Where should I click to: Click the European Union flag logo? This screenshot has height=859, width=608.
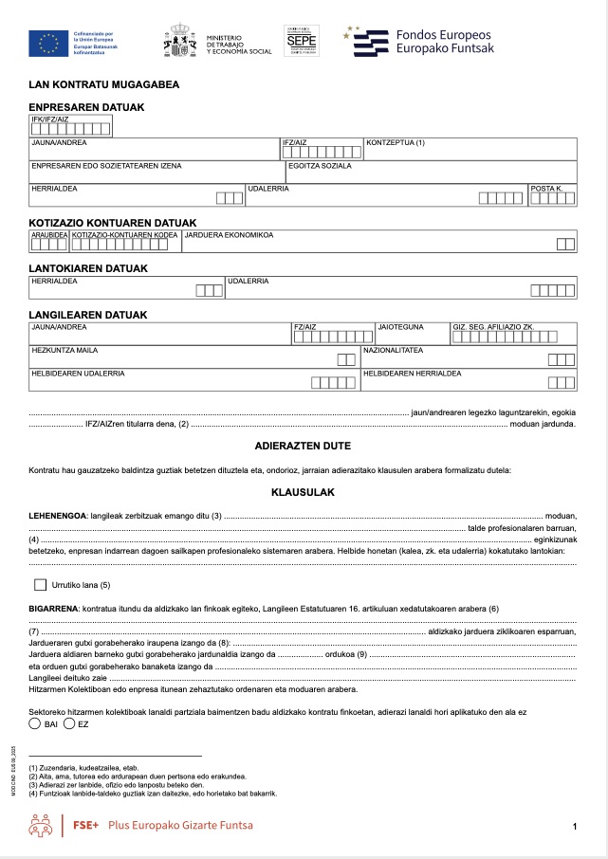point(44,42)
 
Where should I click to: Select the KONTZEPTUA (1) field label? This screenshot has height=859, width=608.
point(395,143)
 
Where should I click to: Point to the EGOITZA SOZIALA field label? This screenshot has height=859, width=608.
point(320,166)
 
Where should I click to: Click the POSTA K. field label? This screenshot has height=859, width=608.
point(547,189)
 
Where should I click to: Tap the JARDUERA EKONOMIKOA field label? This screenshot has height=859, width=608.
point(229,234)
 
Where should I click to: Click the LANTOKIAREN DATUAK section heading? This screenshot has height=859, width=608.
point(88,268)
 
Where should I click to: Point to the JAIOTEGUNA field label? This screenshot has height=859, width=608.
point(399,327)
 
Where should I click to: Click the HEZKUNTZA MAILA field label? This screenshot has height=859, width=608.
point(65,350)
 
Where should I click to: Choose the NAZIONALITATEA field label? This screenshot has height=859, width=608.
point(394,350)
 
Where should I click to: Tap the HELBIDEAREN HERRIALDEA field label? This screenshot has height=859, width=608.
point(413,373)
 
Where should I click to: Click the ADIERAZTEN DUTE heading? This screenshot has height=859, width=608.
point(303,446)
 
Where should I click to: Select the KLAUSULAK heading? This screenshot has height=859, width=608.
point(303,493)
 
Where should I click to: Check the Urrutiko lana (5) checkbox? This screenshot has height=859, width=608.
point(40,585)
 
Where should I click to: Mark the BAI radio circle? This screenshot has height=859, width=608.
point(35,724)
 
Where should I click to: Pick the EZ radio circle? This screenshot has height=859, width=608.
point(69,724)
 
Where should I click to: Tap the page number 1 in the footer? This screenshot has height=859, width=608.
point(575,828)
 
